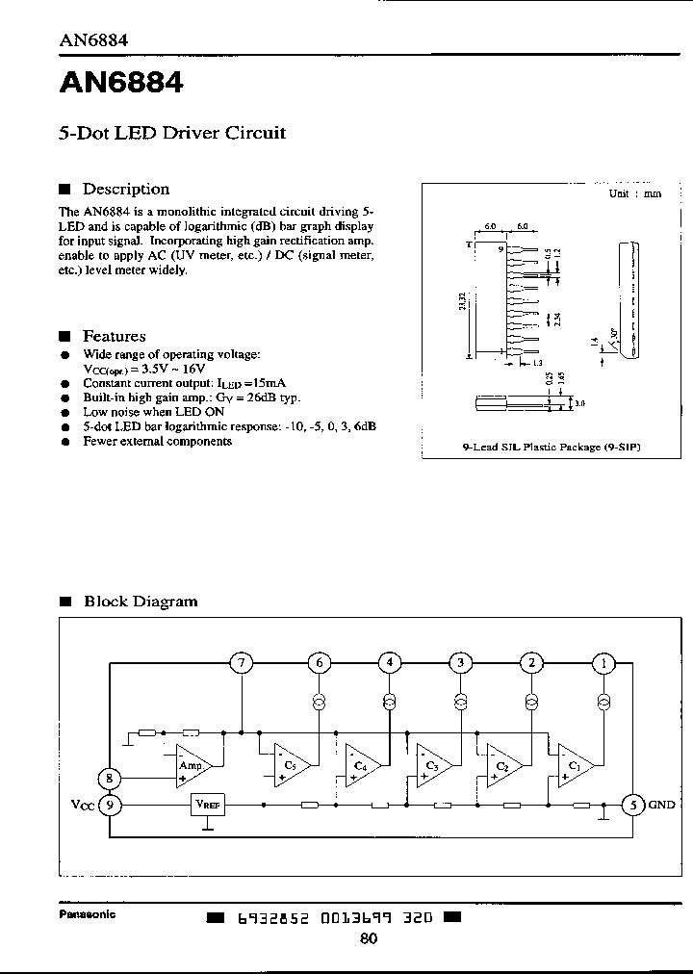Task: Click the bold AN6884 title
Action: click(121, 85)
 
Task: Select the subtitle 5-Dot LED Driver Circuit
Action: click(172, 133)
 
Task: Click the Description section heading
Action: click(125, 190)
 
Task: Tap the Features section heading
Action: click(114, 336)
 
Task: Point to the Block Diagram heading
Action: click(141, 602)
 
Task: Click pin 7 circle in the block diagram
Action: click(242, 663)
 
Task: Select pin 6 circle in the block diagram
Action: click(319, 663)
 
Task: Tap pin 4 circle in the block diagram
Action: click(389, 663)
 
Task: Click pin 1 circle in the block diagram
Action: click(603, 663)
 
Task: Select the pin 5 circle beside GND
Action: click(633, 805)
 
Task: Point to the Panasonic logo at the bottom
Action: click(88, 914)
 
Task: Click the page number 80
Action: click(369, 940)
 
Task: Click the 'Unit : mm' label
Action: click(635, 192)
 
